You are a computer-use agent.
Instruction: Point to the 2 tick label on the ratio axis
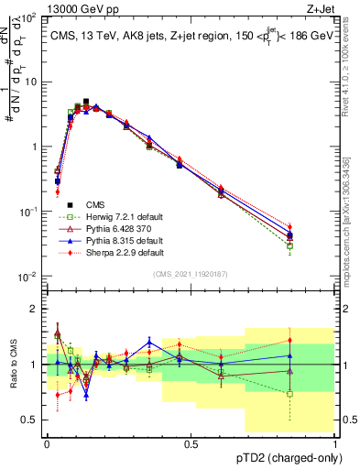pos(37,309)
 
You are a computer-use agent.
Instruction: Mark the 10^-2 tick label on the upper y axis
pos(30,277)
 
